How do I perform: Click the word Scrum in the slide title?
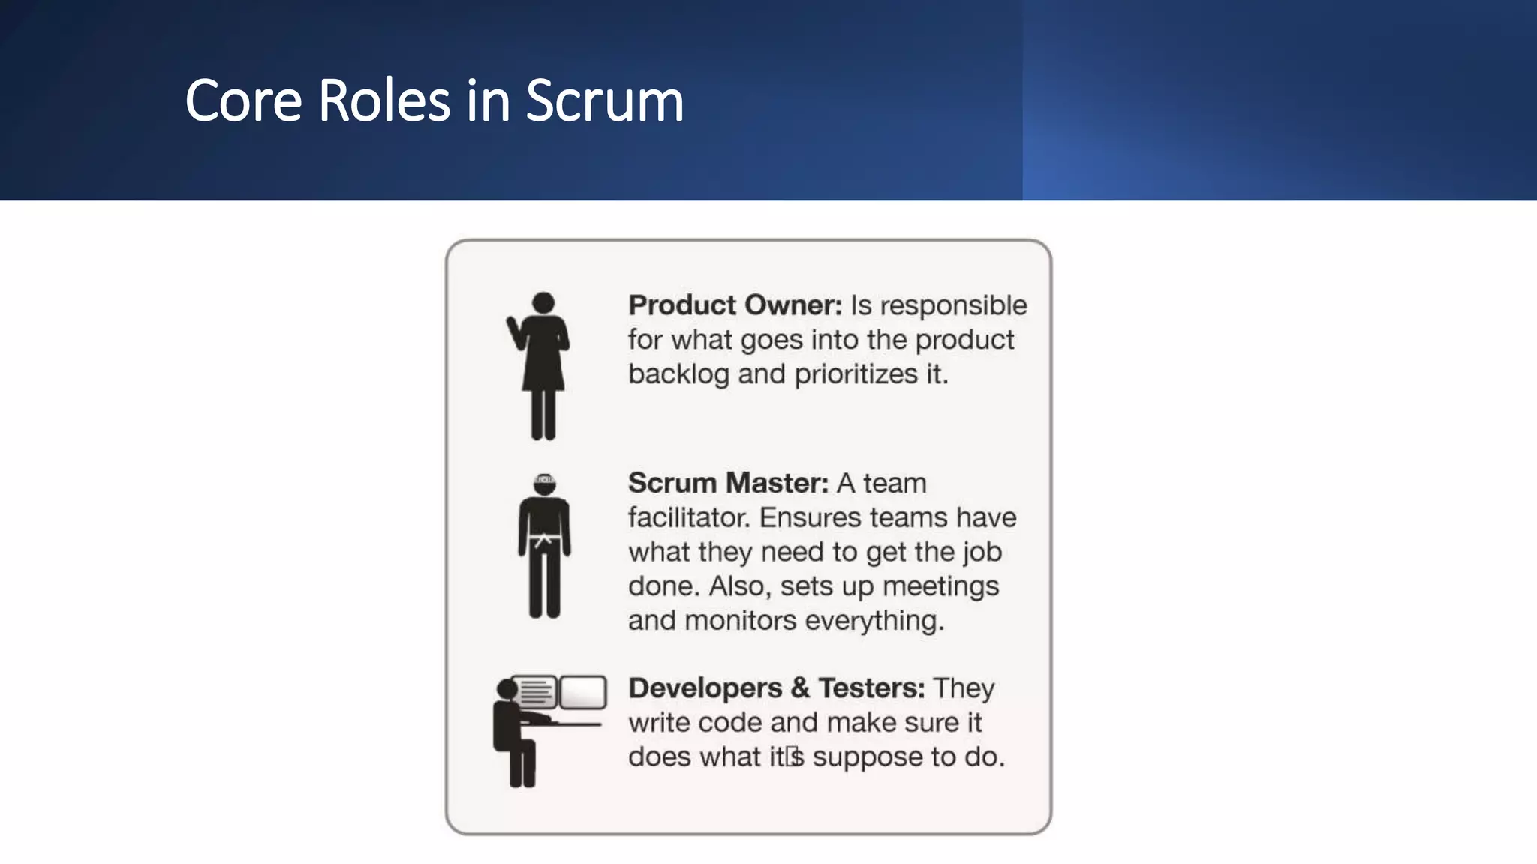click(604, 101)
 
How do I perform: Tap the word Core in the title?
click(243, 101)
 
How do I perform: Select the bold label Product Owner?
click(735, 305)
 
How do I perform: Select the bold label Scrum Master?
click(728, 483)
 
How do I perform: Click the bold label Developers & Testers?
click(776, 688)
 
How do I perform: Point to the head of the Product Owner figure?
click(543, 303)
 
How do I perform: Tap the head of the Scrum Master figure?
click(545, 484)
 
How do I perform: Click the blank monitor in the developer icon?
click(583, 692)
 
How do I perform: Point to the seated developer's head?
click(508, 689)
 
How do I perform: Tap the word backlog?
click(678, 374)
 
